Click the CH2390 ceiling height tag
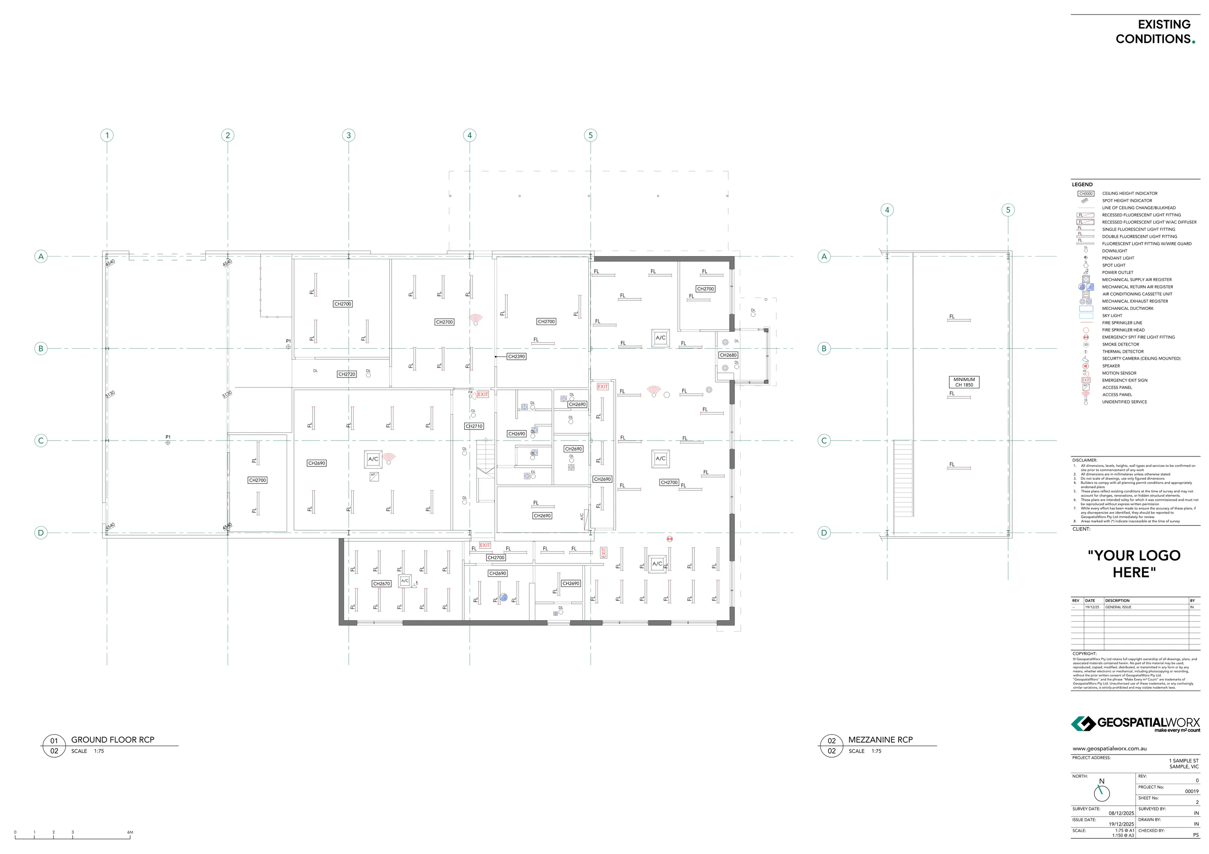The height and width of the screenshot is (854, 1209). click(x=516, y=356)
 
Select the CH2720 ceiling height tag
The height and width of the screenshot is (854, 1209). click(x=346, y=374)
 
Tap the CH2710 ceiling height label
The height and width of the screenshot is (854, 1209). click(x=474, y=426)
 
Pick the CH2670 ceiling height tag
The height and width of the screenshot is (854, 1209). click(x=381, y=583)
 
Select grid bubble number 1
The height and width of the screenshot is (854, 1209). click(x=107, y=135)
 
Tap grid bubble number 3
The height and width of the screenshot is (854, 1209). click(x=348, y=135)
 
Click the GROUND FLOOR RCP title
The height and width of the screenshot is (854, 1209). click(x=113, y=740)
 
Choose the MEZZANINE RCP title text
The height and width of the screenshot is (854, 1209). click(x=880, y=740)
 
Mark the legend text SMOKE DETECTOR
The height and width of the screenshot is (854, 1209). click(x=1120, y=344)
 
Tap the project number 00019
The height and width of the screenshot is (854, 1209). click(x=1192, y=791)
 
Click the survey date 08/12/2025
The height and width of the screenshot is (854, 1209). click(x=1121, y=813)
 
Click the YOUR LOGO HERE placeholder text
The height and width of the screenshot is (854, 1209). click(x=1134, y=563)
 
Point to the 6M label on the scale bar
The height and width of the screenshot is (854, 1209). click(x=130, y=833)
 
